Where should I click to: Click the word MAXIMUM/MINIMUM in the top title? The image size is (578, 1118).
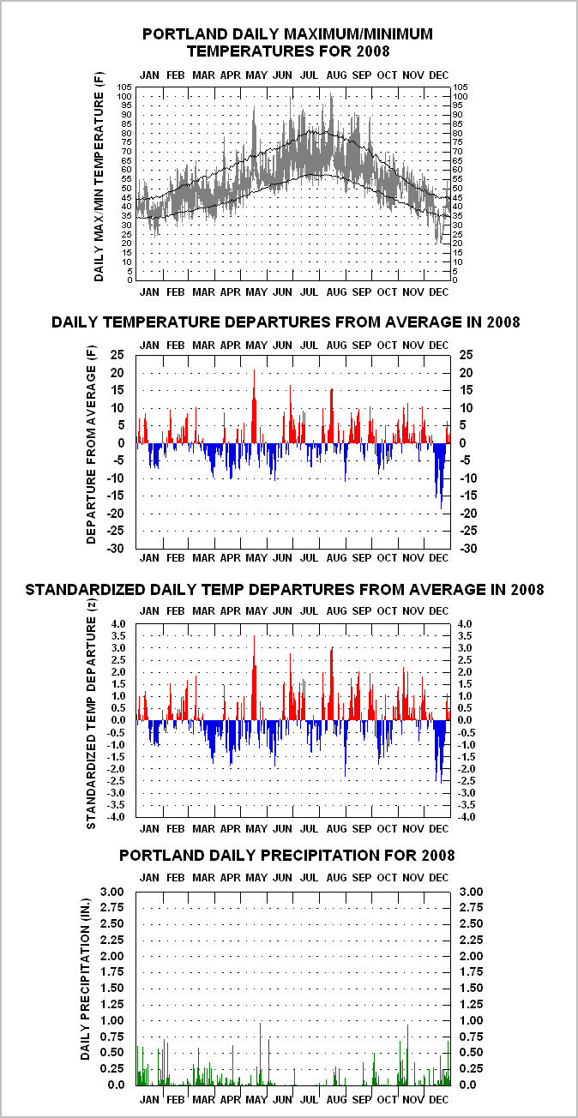(358, 34)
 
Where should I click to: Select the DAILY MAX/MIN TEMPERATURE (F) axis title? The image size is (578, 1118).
(99, 177)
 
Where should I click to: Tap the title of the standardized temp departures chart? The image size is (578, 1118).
(285, 590)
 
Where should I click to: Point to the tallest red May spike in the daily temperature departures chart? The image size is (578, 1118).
(254, 370)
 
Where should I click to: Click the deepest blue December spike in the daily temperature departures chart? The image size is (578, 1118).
(442, 508)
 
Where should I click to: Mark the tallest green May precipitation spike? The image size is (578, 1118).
(261, 1024)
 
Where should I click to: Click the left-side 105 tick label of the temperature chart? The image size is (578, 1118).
(125, 87)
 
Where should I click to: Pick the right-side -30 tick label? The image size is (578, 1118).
(467, 548)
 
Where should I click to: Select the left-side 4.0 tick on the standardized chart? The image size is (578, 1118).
(117, 624)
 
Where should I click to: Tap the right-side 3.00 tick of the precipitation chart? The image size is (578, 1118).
(471, 892)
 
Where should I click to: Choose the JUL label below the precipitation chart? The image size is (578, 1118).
(309, 1099)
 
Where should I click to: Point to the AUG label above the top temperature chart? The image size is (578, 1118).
(336, 75)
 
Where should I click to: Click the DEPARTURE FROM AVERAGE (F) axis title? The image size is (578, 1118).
(91, 445)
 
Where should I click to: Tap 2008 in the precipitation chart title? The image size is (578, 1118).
(438, 856)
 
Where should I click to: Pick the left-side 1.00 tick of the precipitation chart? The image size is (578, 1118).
(112, 1020)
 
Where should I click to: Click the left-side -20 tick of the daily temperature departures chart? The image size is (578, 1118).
(116, 513)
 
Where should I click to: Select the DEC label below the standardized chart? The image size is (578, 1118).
(439, 828)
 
